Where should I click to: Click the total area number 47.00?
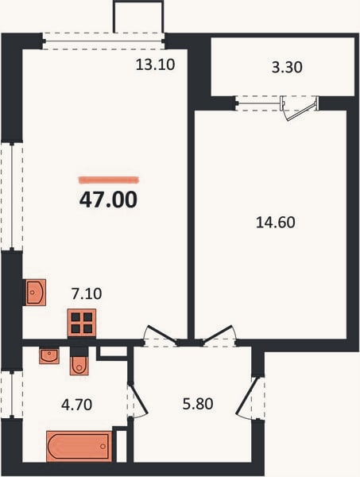click(108, 200)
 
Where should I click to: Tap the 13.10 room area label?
click(155, 65)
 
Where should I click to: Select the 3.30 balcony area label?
click(287, 68)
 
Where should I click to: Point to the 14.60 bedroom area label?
click(276, 223)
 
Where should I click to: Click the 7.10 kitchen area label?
click(87, 294)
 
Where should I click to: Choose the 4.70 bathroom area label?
click(76, 405)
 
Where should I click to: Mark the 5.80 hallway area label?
click(198, 404)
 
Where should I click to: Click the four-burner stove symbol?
click(82, 323)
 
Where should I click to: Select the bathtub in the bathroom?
click(79, 446)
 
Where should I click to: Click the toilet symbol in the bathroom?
click(79, 362)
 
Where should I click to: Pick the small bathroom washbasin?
click(49, 356)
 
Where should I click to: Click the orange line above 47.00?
click(109, 180)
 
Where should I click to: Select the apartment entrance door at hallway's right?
click(245, 396)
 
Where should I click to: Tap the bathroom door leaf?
click(138, 399)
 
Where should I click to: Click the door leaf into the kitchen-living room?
click(161, 335)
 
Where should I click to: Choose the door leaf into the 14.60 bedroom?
click(218, 335)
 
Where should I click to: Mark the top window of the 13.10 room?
click(103, 41)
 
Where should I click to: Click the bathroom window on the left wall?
click(12, 394)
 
